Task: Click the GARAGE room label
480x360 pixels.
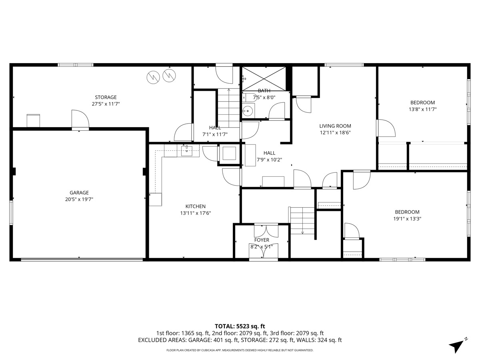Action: [79, 192]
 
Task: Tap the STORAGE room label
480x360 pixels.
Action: [106, 97]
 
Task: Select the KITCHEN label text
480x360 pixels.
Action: [196, 206]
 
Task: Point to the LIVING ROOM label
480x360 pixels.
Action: [335, 126]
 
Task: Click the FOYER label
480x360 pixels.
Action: [262, 240]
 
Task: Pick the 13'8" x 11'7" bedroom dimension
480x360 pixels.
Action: [422, 109]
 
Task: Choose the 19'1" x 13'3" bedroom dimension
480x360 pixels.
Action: [407, 218]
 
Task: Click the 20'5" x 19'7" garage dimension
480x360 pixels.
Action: [79, 199]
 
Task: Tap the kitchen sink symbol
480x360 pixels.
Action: [187, 151]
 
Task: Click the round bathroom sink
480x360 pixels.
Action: [248, 111]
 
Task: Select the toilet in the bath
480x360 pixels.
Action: [249, 97]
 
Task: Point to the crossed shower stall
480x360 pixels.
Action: [264, 79]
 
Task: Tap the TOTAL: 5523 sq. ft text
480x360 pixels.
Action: [240, 326]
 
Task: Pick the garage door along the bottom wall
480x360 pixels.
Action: [82, 260]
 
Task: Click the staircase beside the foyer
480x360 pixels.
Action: [302, 220]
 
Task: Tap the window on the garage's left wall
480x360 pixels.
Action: [11, 213]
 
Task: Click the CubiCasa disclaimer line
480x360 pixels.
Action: [240, 350]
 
